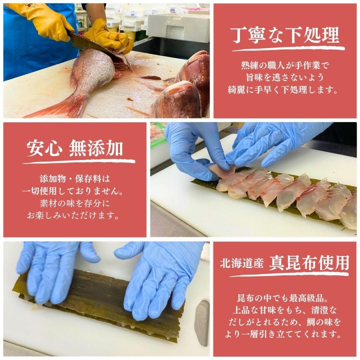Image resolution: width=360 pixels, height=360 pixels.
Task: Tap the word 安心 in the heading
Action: coord(44,149)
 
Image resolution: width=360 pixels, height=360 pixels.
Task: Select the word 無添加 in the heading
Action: coord(96,149)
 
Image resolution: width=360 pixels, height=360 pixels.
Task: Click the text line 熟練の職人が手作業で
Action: coord(284,65)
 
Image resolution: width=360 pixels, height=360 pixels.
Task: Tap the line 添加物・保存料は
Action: coord(74,178)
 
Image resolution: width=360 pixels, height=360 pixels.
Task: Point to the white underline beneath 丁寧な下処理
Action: coord(288,49)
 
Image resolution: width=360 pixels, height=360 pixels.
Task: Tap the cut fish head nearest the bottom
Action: coord(176,100)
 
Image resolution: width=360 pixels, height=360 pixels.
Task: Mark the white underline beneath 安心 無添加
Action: coord(78,162)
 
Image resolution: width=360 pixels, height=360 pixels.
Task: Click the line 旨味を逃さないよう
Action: coord(284,78)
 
